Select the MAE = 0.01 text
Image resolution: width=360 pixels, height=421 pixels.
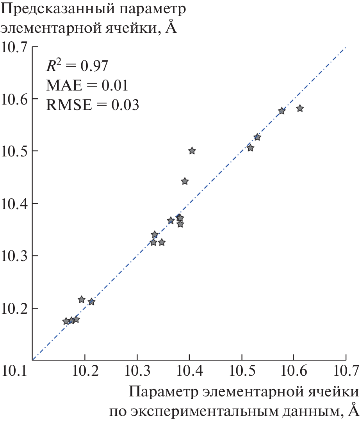pos(87,85)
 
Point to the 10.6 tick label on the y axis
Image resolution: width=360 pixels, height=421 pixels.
pos(14,99)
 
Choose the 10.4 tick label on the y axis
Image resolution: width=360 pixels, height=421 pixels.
pos(14,204)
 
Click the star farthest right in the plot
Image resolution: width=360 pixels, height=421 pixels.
pos(300,108)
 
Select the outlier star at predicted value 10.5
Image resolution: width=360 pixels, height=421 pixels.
pos(192,151)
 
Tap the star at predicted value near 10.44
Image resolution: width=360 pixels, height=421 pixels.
pos(185,181)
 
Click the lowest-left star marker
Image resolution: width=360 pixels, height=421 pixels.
pos(66,322)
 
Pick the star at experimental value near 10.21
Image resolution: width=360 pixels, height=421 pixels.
pos(91,302)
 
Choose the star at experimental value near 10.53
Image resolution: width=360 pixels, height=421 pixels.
pos(257,137)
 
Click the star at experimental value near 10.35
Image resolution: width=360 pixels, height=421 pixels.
pos(162,243)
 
